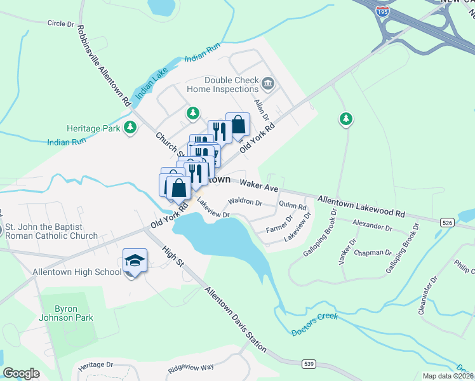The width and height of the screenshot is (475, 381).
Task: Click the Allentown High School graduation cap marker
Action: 135,261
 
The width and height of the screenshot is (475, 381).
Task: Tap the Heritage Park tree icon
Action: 130,128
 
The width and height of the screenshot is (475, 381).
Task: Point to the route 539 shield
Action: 309,364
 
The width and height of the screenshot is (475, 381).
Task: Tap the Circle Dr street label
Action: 60,23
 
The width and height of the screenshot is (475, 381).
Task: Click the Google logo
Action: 21,373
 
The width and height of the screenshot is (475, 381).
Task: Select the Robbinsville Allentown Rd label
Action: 104,65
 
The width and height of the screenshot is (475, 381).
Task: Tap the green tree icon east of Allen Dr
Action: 345,119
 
